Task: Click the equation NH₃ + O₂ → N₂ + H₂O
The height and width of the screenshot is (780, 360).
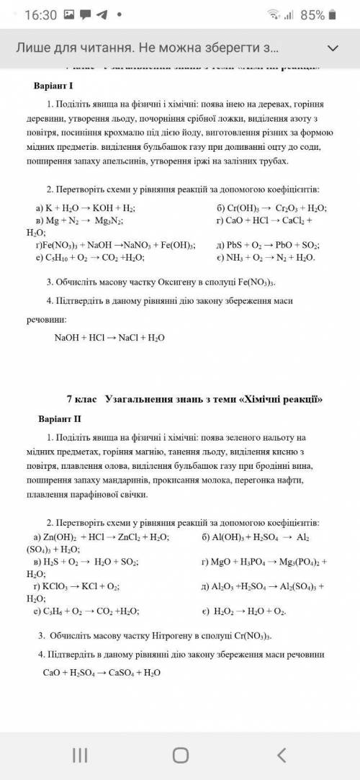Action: click(270, 257)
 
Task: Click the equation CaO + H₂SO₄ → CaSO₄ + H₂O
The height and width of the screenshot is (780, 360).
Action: click(102, 673)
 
